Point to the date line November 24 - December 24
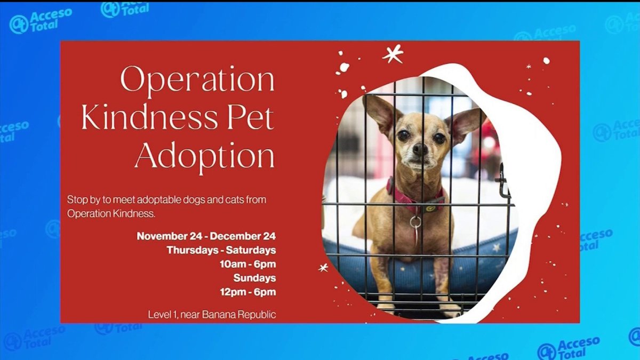click(x=206, y=236)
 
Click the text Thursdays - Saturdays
click(x=221, y=250)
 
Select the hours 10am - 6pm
click(x=247, y=264)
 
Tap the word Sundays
click(x=254, y=278)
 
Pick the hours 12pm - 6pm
click(x=247, y=292)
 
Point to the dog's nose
click(x=420, y=149)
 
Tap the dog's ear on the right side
click(x=463, y=123)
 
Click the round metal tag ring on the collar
click(x=415, y=222)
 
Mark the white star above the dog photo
click(x=393, y=54)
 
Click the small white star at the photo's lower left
click(x=323, y=268)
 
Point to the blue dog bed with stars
click(x=480, y=256)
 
